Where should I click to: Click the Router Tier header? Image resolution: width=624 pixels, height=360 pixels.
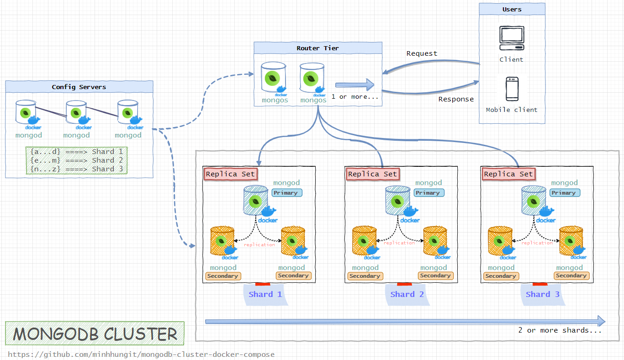click(x=317, y=48)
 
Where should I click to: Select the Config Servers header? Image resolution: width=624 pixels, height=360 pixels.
click(x=79, y=87)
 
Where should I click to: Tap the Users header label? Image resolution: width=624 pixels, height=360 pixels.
click(x=512, y=9)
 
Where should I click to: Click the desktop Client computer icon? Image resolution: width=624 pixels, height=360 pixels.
click(x=512, y=38)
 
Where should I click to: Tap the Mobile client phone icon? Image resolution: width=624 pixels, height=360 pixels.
click(x=512, y=89)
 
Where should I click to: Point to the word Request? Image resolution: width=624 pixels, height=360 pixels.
click(x=422, y=53)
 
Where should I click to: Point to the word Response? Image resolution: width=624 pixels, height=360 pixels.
click(x=456, y=99)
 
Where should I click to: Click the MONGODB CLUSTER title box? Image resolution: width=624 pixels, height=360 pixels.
click(x=95, y=334)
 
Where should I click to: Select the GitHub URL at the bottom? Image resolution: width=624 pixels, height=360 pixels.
click(x=141, y=355)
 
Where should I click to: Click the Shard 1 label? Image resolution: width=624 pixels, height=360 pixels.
click(x=265, y=294)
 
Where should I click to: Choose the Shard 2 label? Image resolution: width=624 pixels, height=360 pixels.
click(x=407, y=294)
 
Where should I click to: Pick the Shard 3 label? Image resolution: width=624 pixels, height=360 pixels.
click(x=543, y=294)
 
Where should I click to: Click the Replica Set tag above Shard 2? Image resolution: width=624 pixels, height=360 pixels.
click(x=372, y=174)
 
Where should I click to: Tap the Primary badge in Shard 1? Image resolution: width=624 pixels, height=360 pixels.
click(x=286, y=193)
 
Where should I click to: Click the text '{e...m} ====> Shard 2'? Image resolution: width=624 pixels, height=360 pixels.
click(x=76, y=160)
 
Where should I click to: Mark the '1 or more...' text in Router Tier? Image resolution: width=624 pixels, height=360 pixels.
click(x=355, y=97)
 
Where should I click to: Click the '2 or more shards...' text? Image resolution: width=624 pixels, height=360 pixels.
click(x=560, y=330)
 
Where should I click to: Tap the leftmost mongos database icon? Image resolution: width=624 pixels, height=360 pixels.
click(x=273, y=78)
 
